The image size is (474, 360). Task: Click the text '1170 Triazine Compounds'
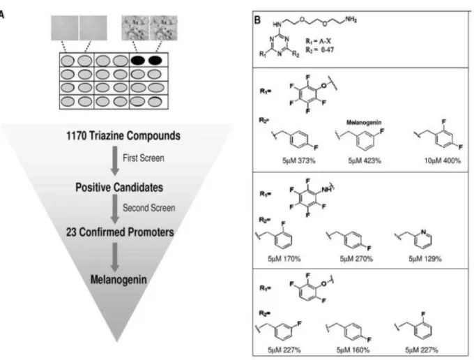(123, 135)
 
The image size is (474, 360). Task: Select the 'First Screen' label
(144, 158)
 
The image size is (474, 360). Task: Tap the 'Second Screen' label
(148, 208)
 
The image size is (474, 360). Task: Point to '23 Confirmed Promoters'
(120, 232)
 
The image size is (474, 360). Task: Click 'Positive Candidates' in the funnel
(119, 187)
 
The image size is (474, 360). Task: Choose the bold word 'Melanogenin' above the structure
(364, 123)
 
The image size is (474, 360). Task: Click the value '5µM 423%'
(365, 160)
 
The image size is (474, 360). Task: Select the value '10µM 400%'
(442, 160)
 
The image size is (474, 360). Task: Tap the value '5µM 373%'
(298, 160)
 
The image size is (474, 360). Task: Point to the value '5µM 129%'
(425, 259)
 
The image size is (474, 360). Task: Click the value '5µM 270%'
(356, 259)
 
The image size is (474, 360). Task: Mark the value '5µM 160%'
(353, 350)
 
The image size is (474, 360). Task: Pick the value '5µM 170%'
(284, 259)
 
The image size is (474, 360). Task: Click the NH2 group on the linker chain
(351, 20)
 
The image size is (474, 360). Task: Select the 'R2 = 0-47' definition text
(319, 50)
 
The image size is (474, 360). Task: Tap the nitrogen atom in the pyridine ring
(423, 232)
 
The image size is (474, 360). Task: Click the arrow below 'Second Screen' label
(114, 209)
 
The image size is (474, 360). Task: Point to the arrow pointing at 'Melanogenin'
(114, 257)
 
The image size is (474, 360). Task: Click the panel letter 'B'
(257, 20)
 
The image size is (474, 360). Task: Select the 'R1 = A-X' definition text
(318, 41)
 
